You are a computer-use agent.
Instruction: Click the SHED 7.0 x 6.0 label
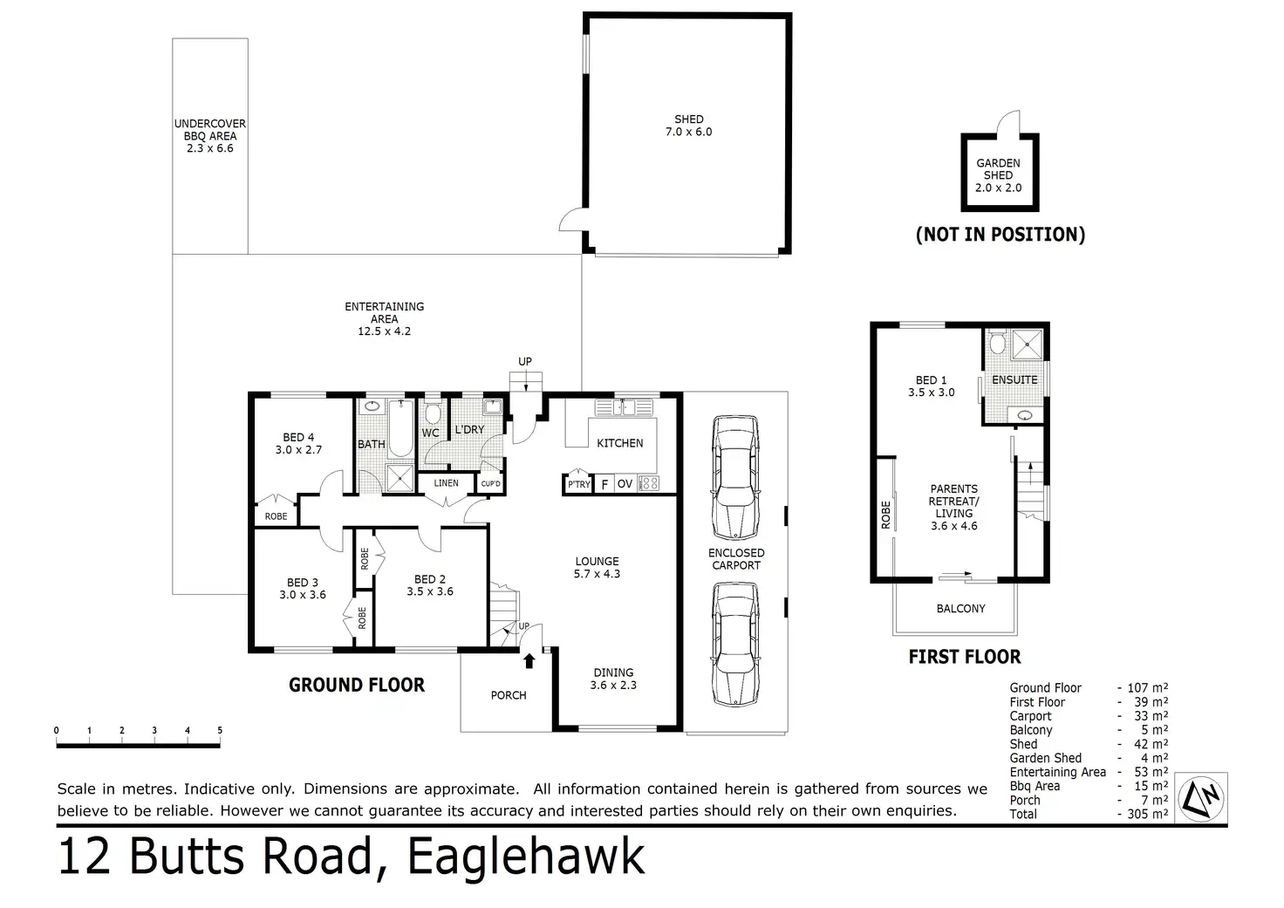tap(688, 126)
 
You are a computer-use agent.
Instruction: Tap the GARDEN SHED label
tap(998, 174)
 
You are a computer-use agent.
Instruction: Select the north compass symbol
tap(1202, 796)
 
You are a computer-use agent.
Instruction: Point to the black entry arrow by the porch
tap(529, 661)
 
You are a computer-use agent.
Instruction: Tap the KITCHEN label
tap(619, 443)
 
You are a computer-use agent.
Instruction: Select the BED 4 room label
tap(298, 444)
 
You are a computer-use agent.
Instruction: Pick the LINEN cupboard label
tap(446, 483)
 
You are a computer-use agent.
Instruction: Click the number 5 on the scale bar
tap(220, 731)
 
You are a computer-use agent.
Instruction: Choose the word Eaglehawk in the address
tap(526, 857)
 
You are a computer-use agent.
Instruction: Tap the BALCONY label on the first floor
tap(960, 609)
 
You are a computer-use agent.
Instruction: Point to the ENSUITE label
tap(1014, 379)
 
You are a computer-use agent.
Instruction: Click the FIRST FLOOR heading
tap(964, 657)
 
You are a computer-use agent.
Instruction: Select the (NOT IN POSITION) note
tap(1000, 234)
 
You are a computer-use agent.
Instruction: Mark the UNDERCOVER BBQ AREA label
tap(209, 136)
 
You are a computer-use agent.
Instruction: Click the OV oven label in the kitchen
tap(625, 484)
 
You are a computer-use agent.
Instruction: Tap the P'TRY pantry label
tap(578, 484)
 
